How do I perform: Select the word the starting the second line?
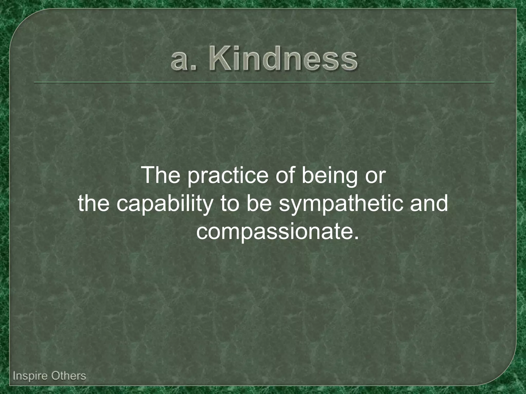click(x=94, y=203)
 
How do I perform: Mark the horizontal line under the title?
click(x=264, y=83)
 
